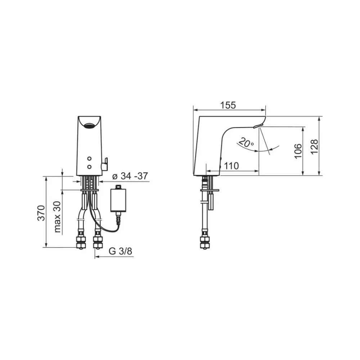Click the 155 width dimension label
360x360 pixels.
(228, 105)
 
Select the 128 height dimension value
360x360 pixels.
(314, 147)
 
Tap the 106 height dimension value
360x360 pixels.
(298, 151)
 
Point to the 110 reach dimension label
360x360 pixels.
(231, 166)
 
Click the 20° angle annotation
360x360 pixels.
(246, 143)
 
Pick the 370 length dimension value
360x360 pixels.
(41, 213)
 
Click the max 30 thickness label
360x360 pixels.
(57, 217)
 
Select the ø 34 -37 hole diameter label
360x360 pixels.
(130, 176)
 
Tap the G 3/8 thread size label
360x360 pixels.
(120, 251)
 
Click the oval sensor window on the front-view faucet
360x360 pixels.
(89, 126)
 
